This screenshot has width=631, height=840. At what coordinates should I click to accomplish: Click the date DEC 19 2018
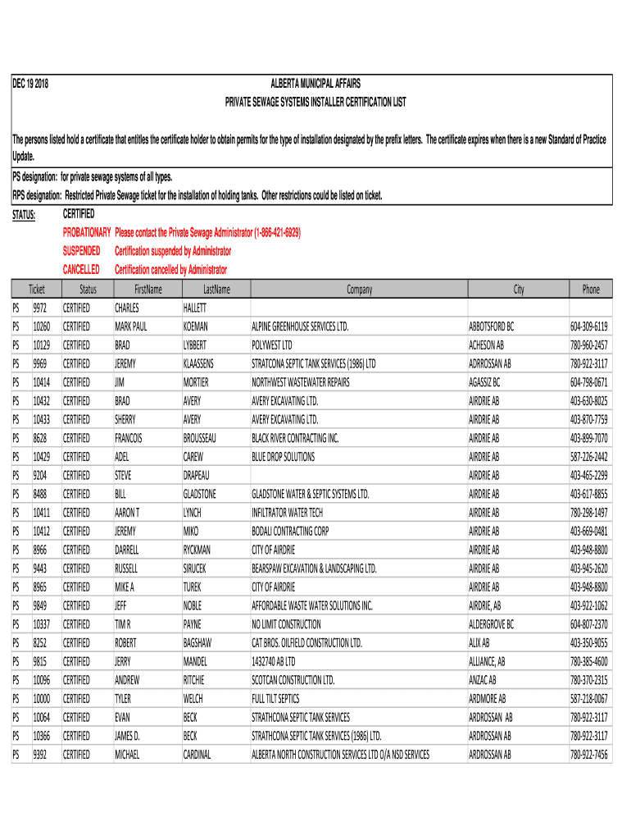(x=30, y=84)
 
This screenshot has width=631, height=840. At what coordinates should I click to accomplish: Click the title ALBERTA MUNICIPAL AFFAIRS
(x=315, y=84)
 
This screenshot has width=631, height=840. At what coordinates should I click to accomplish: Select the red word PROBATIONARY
(x=87, y=233)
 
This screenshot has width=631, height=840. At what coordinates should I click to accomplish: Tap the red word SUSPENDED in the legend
(x=82, y=251)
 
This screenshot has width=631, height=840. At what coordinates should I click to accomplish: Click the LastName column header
(x=216, y=290)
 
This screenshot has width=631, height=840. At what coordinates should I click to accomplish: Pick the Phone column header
(x=591, y=290)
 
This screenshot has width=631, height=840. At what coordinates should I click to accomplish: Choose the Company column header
(x=359, y=290)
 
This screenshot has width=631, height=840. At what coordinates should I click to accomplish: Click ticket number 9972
(x=41, y=308)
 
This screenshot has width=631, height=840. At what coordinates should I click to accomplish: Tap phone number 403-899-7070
(x=589, y=438)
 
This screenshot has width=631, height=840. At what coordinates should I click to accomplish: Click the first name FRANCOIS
(x=129, y=438)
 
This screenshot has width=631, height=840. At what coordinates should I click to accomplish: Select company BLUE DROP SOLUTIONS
(x=283, y=457)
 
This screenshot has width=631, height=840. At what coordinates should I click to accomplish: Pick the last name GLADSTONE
(x=200, y=494)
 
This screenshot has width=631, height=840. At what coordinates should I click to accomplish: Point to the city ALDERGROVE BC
(x=492, y=624)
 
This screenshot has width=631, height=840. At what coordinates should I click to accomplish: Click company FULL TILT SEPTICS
(x=275, y=699)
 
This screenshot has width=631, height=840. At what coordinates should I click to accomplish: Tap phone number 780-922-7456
(x=589, y=755)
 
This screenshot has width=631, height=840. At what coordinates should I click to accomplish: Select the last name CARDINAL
(x=197, y=755)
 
